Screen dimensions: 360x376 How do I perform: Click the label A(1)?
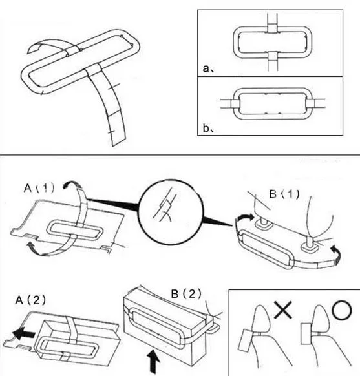point(39,188)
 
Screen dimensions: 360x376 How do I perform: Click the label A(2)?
point(30,300)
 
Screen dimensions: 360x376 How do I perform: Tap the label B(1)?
point(284,194)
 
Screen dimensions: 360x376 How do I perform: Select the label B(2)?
point(186,293)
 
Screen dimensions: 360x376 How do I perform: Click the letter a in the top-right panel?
point(206,68)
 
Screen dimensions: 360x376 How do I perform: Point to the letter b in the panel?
point(206,128)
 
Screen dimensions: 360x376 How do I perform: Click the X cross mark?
point(283,309)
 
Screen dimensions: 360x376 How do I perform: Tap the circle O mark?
point(342,310)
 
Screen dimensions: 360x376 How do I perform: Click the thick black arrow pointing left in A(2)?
point(23,333)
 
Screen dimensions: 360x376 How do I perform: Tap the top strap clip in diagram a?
point(272,28)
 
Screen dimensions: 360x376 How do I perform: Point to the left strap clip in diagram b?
point(235,103)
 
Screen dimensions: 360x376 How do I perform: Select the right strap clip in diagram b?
point(310,103)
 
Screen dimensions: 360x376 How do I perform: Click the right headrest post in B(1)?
point(309,244)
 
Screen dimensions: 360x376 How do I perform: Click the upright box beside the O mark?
point(306,334)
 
